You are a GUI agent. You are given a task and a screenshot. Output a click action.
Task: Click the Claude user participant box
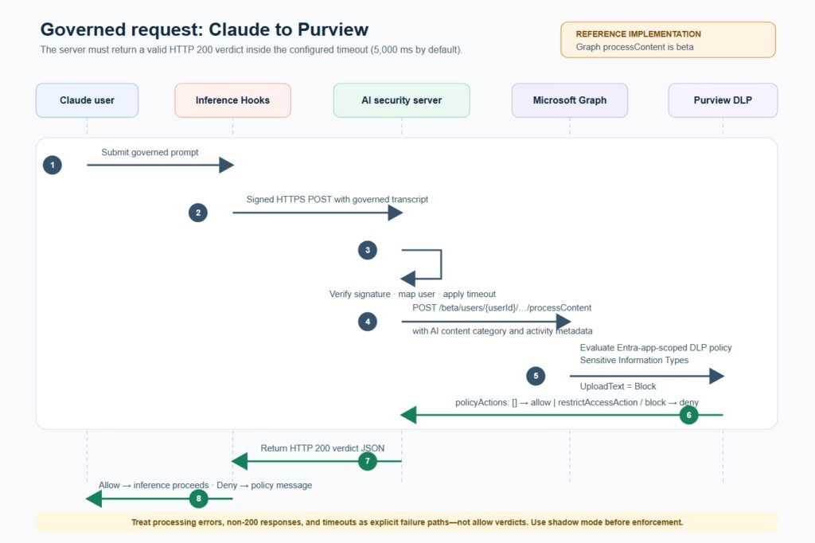pyautogui.click(x=87, y=100)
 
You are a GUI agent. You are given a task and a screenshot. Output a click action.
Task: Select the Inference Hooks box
pyautogui.click(x=232, y=100)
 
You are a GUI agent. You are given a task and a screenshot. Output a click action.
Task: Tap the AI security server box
pyautogui.click(x=401, y=100)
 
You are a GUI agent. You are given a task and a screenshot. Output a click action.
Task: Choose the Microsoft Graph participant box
pyautogui.click(x=570, y=100)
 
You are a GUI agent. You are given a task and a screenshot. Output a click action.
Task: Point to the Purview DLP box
pyautogui.click(x=723, y=100)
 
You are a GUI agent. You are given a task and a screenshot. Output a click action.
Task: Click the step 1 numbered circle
pyautogui.click(x=53, y=166)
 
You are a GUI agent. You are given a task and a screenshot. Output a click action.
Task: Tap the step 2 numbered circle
pyautogui.click(x=198, y=213)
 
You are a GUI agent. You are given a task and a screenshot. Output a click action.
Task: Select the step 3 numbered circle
pyautogui.click(x=368, y=250)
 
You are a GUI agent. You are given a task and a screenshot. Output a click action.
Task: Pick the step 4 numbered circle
pyautogui.click(x=368, y=322)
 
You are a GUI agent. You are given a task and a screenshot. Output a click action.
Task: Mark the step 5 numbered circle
pyautogui.click(x=536, y=376)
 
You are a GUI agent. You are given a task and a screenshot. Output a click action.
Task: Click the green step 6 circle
pyautogui.click(x=688, y=415)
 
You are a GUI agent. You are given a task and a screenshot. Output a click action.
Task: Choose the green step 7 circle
pyautogui.click(x=368, y=461)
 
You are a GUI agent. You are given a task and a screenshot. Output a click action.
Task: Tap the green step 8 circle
pyautogui.click(x=198, y=498)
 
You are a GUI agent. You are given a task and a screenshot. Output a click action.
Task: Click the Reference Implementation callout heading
pyautogui.click(x=638, y=34)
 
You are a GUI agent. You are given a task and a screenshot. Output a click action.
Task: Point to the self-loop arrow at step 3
pyautogui.click(x=441, y=264)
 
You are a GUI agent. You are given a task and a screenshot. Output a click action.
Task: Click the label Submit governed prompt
pyautogui.click(x=150, y=152)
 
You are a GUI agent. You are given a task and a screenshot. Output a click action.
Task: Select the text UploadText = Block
pyautogui.click(x=618, y=386)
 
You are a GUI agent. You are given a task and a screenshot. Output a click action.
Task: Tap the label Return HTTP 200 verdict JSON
pyautogui.click(x=322, y=448)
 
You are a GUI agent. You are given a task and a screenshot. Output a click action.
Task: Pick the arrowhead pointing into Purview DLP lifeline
pyautogui.click(x=717, y=376)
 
